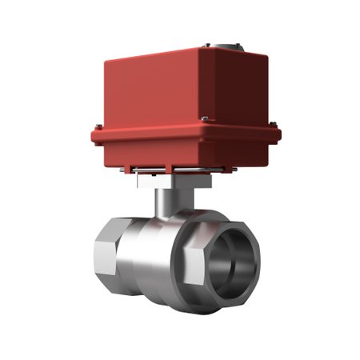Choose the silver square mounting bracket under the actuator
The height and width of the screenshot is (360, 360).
pyautogui.click(x=152, y=181)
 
